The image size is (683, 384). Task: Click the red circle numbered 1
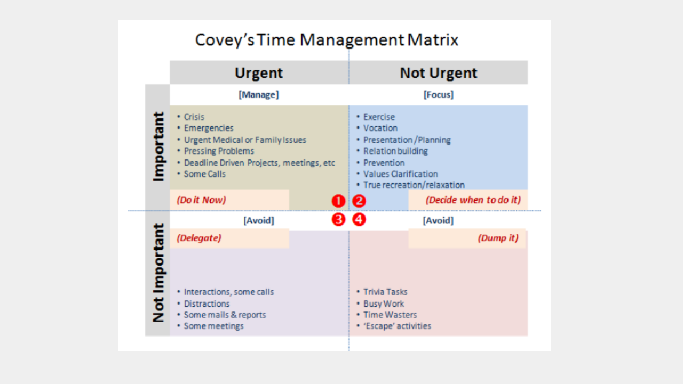coord(338,201)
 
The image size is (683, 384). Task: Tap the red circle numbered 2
coord(359,201)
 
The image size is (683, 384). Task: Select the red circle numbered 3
coord(338,219)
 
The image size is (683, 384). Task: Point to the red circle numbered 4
coord(359,219)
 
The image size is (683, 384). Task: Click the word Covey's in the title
coord(225,40)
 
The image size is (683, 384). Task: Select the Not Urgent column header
coord(439,73)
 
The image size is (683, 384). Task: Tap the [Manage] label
coord(259,95)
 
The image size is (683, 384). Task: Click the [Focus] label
coord(439,95)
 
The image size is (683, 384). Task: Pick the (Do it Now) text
coord(201,200)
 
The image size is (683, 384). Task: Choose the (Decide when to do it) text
coord(473,200)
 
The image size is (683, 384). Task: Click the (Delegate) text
coord(199,238)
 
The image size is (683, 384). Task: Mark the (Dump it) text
coord(498,238)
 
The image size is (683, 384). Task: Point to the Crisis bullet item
coord(191,117)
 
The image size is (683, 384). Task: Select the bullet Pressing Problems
coord(216,151)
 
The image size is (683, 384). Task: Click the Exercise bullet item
coord(376,117)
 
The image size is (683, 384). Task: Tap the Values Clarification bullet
coord(398,174)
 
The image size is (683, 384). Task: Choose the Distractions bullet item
coord(203,303)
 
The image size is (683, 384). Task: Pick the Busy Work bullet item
coord(380,303)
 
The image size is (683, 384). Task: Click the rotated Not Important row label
coord(158,273)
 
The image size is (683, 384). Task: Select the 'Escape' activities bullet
coord(394,326)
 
